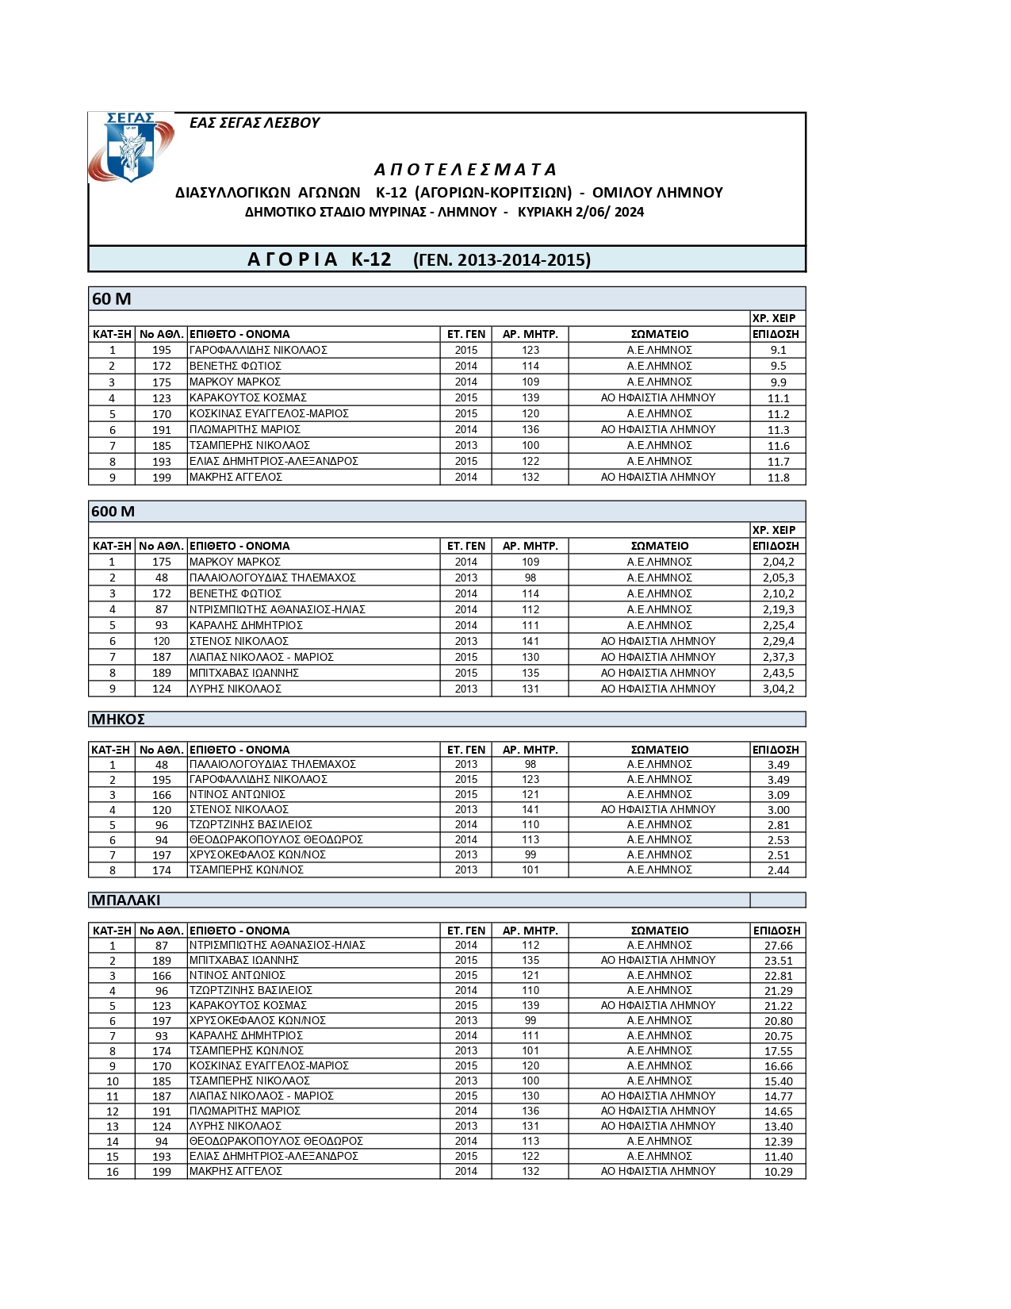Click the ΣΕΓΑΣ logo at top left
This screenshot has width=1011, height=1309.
click(x=129, y=148)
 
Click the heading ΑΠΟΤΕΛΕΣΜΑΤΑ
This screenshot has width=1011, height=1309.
click(x=465, y=170)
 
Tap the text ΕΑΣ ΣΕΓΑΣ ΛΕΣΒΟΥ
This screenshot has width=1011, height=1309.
click(x=255, y=123)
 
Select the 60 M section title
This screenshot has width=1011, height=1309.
click(x=112, y=299)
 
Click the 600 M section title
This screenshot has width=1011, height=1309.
click(x=113, y=512)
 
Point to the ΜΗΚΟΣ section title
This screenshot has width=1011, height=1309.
click(x=118, y=720)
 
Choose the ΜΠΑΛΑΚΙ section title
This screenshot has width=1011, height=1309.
click(x=126, y=900)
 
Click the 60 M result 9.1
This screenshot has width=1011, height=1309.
click(x=778, y=350)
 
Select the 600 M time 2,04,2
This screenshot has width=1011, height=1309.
click(x=778, y=562)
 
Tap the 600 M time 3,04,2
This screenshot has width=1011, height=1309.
click(x=778, y=689)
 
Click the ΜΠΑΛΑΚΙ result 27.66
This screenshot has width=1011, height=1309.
click(x=778, y=946)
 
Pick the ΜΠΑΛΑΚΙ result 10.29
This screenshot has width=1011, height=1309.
click(x=778, y=1172)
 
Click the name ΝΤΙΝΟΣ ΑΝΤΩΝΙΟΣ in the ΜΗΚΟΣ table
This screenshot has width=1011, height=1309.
click(x=237, y=794)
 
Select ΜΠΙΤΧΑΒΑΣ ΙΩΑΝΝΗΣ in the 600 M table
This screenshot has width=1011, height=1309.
click(x=244, y=673)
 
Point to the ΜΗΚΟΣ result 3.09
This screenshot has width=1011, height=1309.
click(x=778, y=795)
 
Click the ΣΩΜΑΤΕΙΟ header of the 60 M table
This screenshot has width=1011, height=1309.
click(x=660, y=334)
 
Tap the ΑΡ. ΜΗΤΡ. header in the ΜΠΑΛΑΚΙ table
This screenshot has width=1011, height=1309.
click(x=530, y=931)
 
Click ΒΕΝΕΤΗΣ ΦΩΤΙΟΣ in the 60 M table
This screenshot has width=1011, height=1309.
click(x=235, y=366)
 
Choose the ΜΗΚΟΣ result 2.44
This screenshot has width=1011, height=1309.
click(x=778, y=870)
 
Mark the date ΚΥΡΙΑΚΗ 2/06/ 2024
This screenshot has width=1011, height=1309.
click(x=580, y=213)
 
